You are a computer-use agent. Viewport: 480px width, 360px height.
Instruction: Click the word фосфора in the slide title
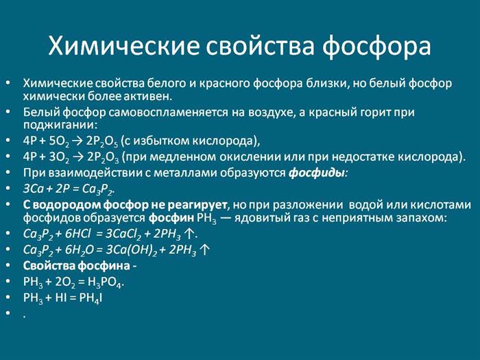pos(377,47)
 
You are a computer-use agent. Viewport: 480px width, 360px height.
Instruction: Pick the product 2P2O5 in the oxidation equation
pos(102,141)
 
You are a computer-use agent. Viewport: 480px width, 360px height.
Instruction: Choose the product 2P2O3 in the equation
pos(103,157)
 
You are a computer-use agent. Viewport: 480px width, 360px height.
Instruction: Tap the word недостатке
pos(363,157)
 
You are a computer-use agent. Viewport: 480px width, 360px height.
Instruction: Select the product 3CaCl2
pos(123,235)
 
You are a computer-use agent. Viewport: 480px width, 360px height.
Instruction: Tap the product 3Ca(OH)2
pos(132,250)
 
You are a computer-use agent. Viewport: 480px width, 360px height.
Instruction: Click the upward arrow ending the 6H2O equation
pos(204,250)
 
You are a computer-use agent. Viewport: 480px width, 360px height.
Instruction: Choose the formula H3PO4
pos(106,282)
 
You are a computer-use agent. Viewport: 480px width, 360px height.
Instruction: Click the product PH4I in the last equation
pos(91,298)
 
